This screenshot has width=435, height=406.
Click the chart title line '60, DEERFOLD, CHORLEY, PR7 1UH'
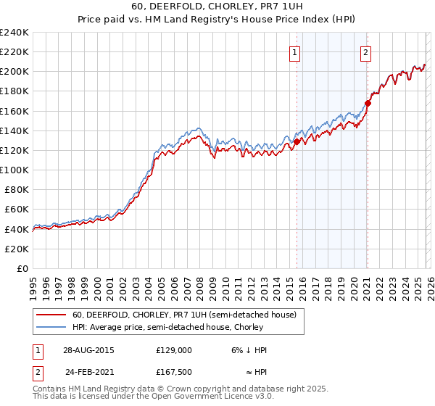pos(217,7)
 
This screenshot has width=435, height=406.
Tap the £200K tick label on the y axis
pos(14,72)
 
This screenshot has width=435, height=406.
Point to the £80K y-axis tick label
pos(17,189)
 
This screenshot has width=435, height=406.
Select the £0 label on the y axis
pos(24,268)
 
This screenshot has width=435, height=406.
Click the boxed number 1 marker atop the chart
pos(295,51)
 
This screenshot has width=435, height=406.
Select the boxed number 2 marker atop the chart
pos(366,51)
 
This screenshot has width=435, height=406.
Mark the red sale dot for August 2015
pos(297,142)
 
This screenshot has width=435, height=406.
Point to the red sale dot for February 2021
pos(368,104)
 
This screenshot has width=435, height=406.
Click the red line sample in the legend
pos(51,315)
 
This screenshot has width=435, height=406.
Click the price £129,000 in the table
pos(173,349)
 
